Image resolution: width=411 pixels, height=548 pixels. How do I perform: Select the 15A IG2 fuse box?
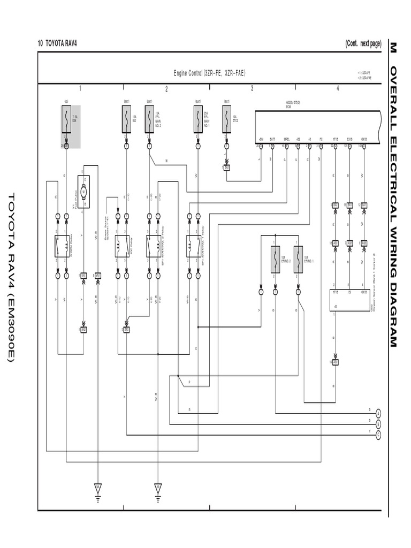tap(126, 119)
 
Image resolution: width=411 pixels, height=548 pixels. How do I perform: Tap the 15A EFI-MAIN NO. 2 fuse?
tap(149, 119)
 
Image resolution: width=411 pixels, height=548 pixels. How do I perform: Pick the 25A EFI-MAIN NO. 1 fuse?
tap(198, 119)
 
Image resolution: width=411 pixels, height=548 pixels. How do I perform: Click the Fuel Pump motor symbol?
tap(83, 192)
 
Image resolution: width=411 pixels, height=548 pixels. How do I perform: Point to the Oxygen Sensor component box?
tap(349, 300)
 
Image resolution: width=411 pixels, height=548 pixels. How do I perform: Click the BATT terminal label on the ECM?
tap(272, 139)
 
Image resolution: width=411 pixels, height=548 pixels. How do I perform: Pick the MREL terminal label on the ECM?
tap(286, 139)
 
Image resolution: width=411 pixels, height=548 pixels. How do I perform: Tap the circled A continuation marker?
tap(378, 413)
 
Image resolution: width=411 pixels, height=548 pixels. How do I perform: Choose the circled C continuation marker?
tap(378, 434)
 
